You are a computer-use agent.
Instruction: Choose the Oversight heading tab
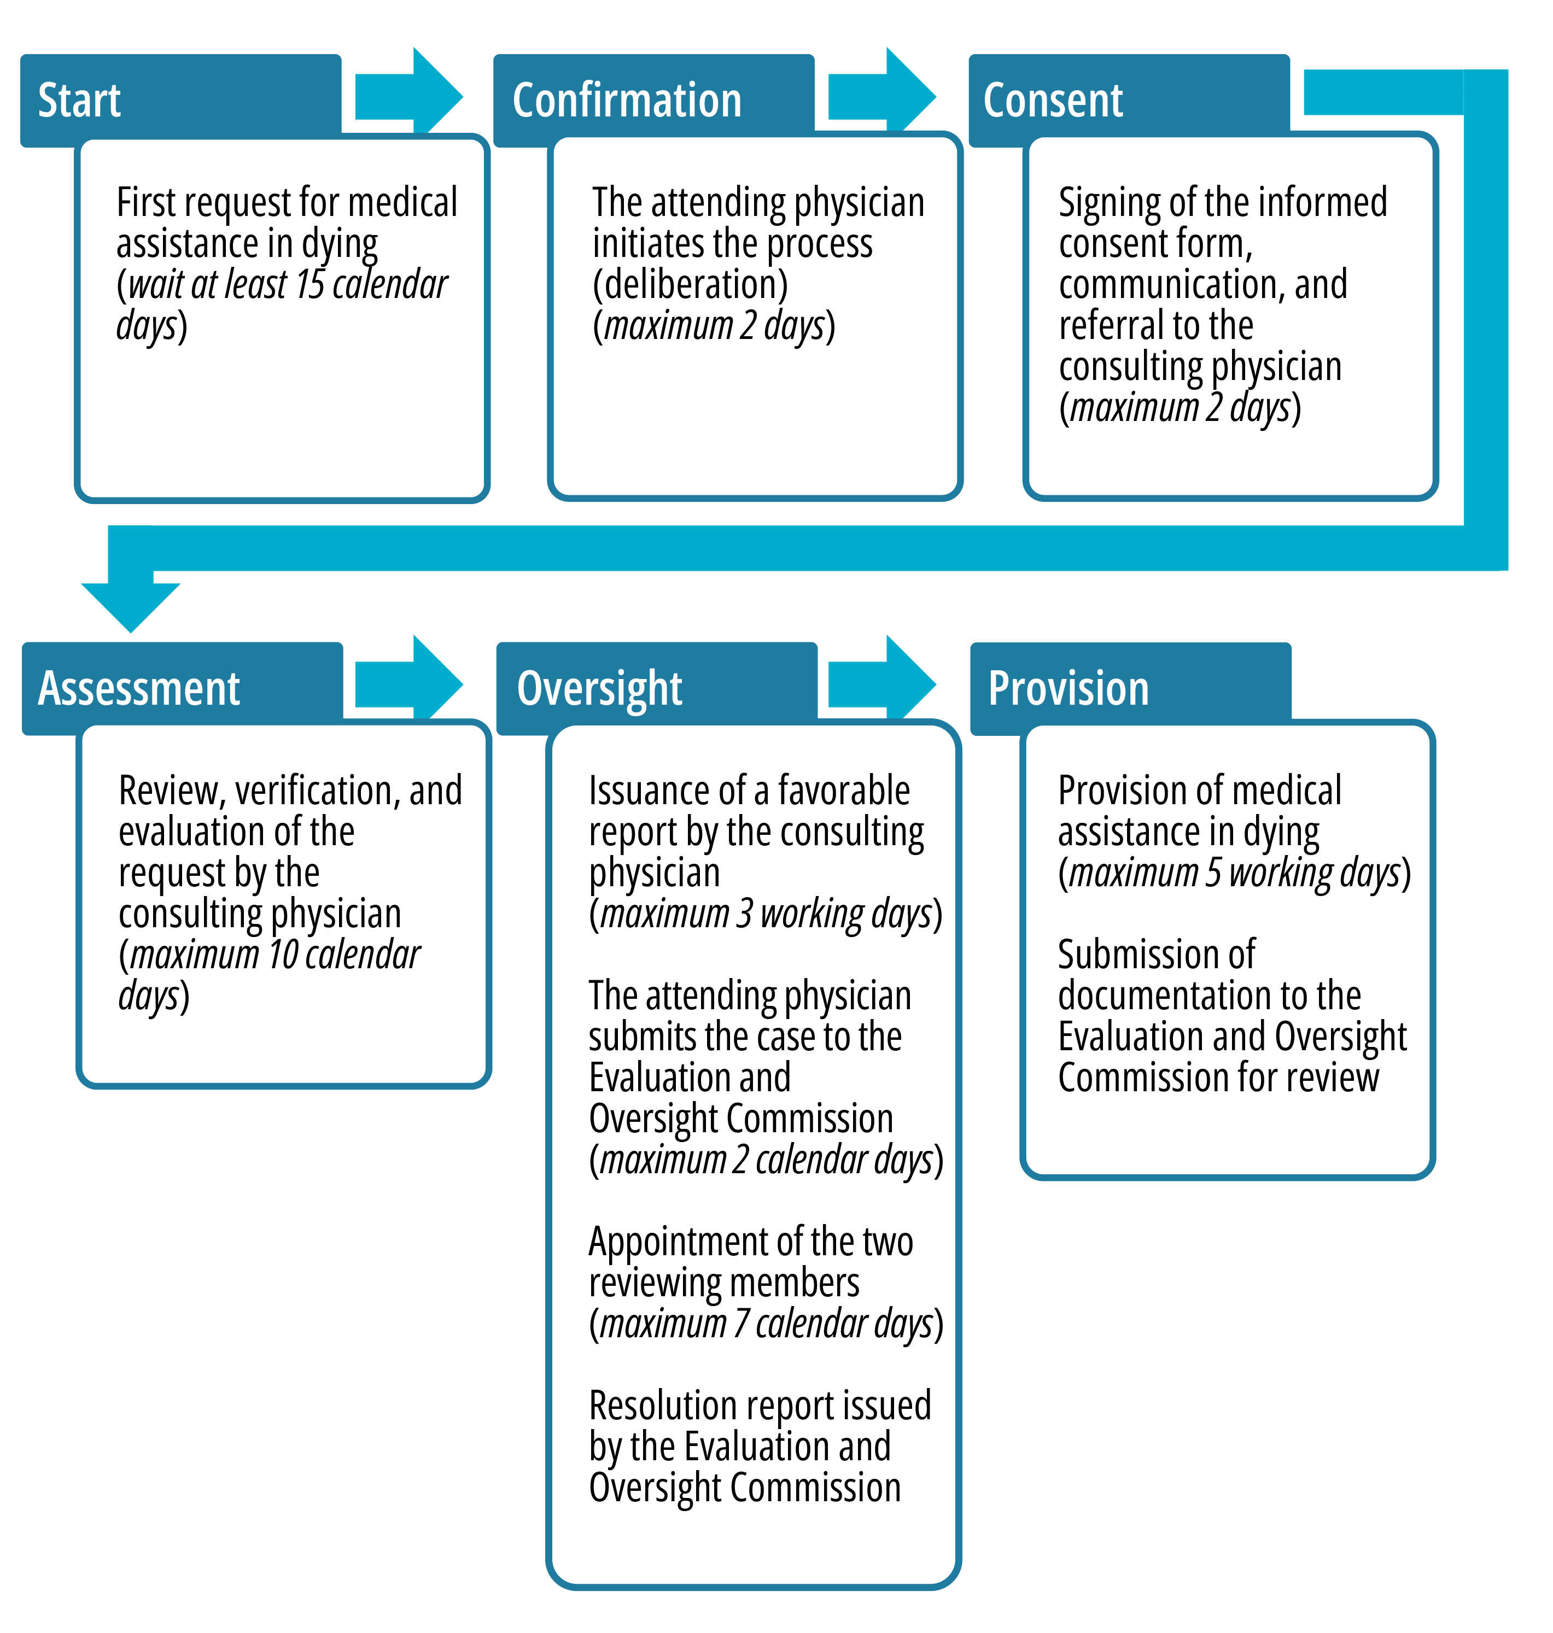coord(599,689)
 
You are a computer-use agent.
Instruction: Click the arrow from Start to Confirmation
coord(409,97)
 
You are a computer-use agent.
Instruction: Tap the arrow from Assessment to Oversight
coord(409,684)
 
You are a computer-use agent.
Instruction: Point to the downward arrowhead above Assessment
coord(131,607)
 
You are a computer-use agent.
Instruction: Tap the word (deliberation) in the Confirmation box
coord(691,285)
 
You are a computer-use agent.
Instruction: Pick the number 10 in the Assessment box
coord(283,955)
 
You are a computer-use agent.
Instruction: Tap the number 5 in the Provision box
coord(1213,873)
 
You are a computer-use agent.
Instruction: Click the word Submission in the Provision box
coord(1157,955)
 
